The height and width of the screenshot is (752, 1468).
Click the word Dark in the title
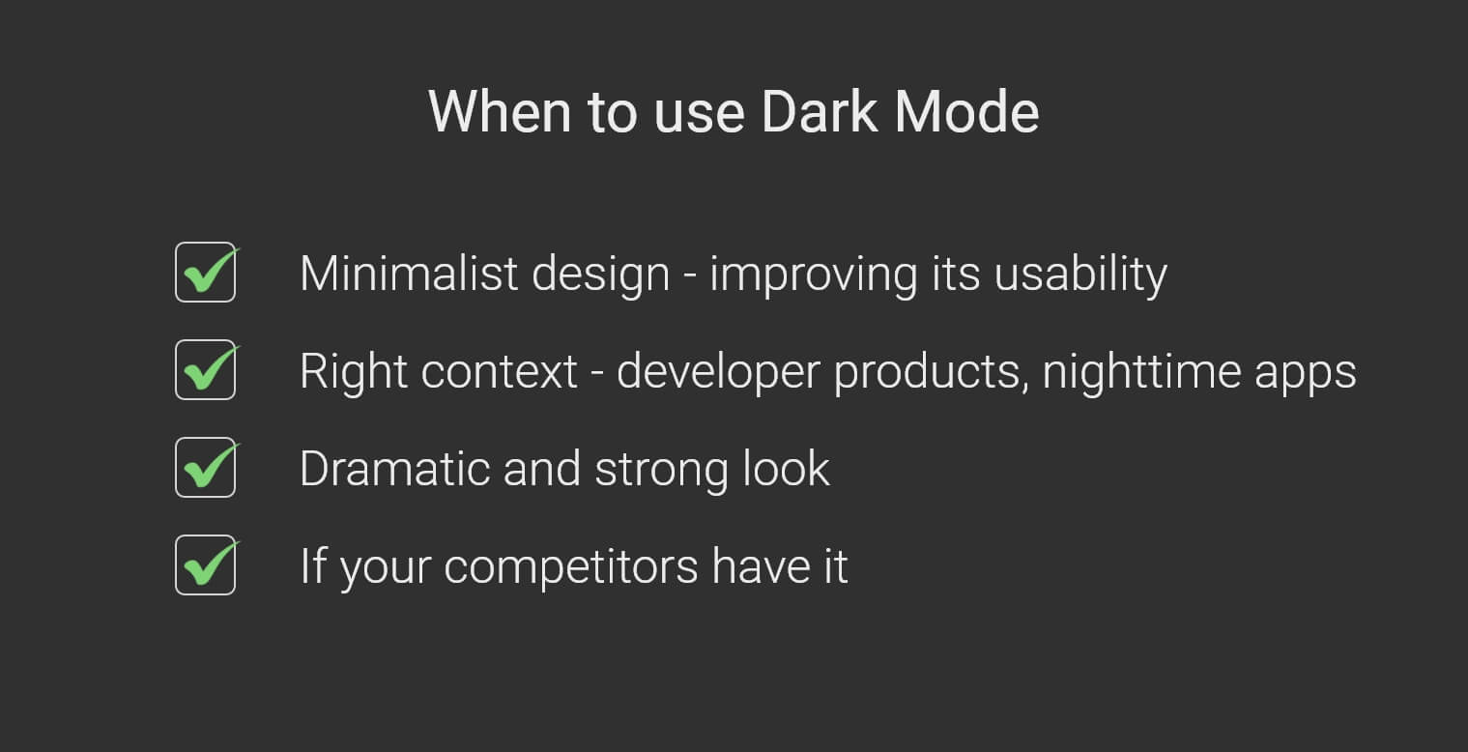(x=820, y=112)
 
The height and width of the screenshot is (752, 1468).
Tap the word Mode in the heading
(x=966, y=112)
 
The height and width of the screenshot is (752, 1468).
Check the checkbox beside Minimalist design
(x=205, y=272)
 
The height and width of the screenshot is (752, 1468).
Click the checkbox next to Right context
(x=205, y=370)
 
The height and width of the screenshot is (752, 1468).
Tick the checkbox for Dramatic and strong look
(x=205, y=468)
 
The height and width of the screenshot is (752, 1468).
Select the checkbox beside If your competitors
(x=205, y=565)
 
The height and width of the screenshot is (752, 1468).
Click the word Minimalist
(x=409, y=274)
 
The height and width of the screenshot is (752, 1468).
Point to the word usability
(x=1080, y=275)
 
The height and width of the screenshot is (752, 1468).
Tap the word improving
(x=814, y=275)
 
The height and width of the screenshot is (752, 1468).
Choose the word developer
(x=719, y=373)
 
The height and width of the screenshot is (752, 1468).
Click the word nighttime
(x=1141, y=373)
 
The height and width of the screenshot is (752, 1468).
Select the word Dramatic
(x=395, y=469)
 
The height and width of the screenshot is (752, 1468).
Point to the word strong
(x=661, y=472)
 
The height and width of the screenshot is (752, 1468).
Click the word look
(x=787, y=469)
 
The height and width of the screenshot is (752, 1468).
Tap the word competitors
(x=571, y=567)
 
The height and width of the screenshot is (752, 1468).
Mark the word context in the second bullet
(x=500, y=372)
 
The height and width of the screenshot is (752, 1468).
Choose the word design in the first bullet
(x=601, y=275)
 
